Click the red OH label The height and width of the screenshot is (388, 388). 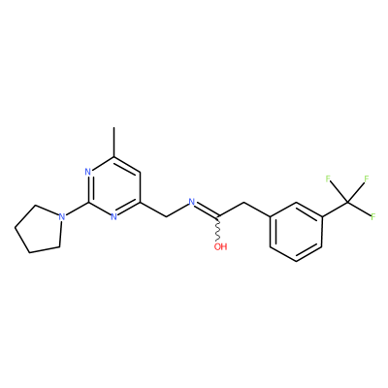221,247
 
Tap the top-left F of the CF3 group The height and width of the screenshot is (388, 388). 328,178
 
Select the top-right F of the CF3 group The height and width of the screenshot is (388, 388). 367,178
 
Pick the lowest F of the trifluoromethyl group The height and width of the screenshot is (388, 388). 373,216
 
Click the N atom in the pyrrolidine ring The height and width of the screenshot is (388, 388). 62,216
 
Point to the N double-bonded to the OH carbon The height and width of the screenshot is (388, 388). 192,203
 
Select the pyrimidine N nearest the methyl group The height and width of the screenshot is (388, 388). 87,172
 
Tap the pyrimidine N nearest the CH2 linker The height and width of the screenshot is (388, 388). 113,216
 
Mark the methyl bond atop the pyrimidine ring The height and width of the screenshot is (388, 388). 113,142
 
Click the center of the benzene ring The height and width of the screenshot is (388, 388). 296,232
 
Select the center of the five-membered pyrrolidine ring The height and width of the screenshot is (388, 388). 40,228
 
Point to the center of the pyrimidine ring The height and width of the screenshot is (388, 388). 113,187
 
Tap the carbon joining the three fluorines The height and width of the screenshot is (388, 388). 347,203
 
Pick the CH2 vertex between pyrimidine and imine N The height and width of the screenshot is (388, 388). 166,217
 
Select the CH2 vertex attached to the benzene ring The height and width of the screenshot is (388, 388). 244,203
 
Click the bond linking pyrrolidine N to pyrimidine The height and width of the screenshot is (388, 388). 77,210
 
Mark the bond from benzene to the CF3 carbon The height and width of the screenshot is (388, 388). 335,210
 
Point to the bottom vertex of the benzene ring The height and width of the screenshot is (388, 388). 296,262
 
